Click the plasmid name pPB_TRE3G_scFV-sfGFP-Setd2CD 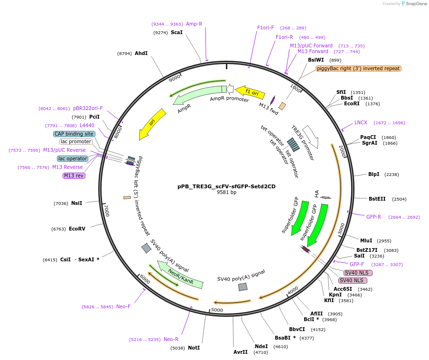(x=226, y=186)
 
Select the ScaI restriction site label (x=177, y=33)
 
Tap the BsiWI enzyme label (x=316, y=60)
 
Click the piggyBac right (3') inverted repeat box (x=358, y=68)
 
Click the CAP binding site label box (x=74, y=134)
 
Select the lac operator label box (x=73, y=158)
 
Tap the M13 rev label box (x=74, y=175)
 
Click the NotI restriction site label (x=194, y=348)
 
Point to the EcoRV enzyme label (x=77, y=229)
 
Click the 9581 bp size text (x=226, y=193)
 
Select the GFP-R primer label (x=373, y=217)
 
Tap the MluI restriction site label (x=366, y=240)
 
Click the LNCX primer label (x=361, y=122)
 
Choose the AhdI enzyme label (x=141, y=53)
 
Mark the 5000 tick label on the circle (x=217, y=310)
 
